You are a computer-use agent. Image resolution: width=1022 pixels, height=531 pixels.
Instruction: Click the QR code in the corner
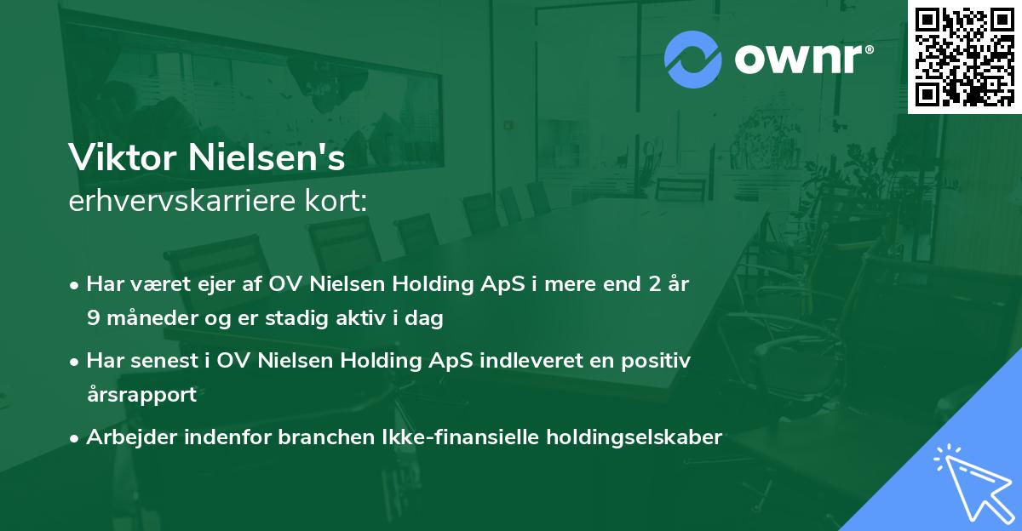(x=964, y=57)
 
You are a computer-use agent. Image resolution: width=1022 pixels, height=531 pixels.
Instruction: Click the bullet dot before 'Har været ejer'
(x=76, y=285)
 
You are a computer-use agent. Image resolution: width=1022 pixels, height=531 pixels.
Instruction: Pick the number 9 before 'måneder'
(x=92, y=318)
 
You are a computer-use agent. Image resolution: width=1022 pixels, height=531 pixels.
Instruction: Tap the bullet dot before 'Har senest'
(x=76, y=362)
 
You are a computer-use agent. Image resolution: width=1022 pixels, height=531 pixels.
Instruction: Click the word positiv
(x=657, y=361)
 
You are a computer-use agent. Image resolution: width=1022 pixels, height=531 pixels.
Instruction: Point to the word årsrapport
(x=141, y=395)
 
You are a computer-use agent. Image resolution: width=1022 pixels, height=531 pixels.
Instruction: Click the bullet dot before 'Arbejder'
(x=76, y=438)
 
